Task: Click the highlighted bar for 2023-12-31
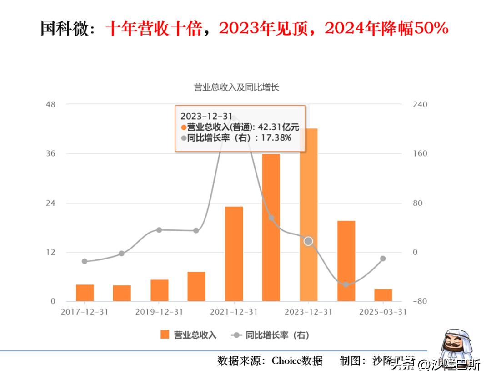(x=308, y=214)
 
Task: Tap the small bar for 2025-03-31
(x=383, y=295)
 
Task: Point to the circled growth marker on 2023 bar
(x=308, y=241)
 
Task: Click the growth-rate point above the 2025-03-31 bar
(x=383, y=259)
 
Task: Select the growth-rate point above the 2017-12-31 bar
(x=85, y=261)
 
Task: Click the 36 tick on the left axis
(x=50, y=153)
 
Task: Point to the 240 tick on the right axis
(x=420, y=104)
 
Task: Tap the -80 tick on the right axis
(x=420, y=301)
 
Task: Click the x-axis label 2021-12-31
(x=234, y=312)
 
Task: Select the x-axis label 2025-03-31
(x=383, y=312)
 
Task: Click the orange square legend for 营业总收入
(x=165, y=335)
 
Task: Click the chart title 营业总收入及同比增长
(x=236, y=87)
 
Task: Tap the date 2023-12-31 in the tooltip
(x=206, y=117)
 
